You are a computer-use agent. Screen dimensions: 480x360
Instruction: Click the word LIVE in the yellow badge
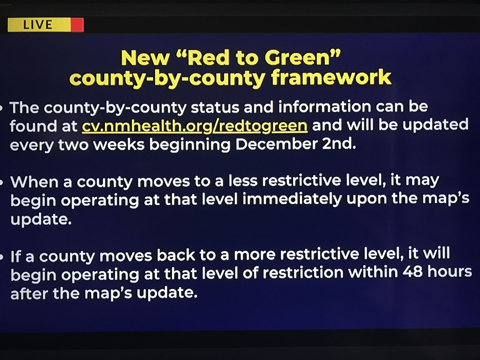click(x=38, y=24)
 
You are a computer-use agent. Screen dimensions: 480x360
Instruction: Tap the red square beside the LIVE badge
click(x=77, y=25)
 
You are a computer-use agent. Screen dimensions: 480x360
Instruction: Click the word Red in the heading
click(x=208, y=58)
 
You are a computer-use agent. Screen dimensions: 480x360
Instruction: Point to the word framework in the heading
click(x=331, y=77)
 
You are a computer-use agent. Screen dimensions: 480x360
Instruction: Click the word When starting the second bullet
click(x=34, y=182)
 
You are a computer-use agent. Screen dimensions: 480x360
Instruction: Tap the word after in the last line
click(x=29, y=293)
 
